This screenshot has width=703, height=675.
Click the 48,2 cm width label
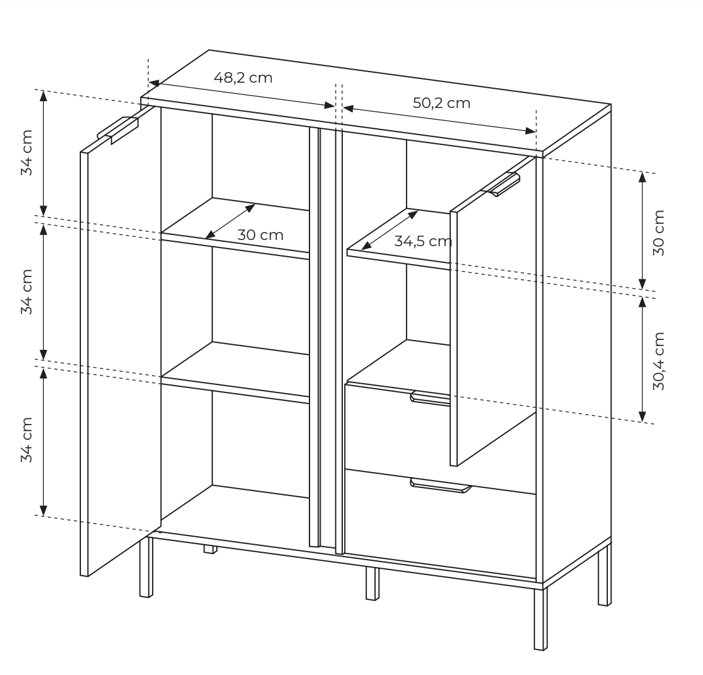tap(243, 78)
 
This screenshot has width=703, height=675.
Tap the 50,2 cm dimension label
tap(442, 103)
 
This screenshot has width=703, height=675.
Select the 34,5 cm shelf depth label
tap(423, 241)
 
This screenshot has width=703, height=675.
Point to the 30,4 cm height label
tap(659, 361)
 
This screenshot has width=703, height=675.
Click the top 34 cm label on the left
tap(27, 153)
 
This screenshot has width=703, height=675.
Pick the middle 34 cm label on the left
tap(27, 292)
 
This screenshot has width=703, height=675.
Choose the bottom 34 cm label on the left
tap(27, 440)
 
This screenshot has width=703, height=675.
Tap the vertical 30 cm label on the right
tap(659, 233)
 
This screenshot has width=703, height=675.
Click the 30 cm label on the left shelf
tap(261, 235)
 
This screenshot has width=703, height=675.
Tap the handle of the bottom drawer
tap(440, 486)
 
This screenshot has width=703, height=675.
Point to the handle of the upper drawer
tap(431, 398)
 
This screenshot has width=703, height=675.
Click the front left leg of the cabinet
tap(146, 566)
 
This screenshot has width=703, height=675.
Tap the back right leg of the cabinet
tap(604, 574)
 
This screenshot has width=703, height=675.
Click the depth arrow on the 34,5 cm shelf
tap(389, 230)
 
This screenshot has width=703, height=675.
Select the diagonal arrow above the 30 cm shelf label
tap(230, 222)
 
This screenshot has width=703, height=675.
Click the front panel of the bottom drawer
tap(440, 523)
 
